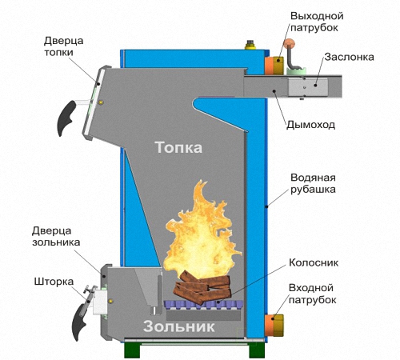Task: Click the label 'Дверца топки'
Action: (x=63, y=46)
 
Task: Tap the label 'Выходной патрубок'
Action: (x=317, y=22)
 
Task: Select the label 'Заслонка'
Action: (x=349, y=57)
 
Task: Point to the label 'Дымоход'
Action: (x=310, y=125)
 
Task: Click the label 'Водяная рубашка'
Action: (x=313, y=183)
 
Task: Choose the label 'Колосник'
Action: (x=314, y=262)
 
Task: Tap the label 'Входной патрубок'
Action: (x=312, y=294)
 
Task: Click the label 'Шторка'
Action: (x=54, y=282)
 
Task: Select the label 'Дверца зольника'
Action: (x=56, y=237)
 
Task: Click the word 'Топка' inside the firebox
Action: (x=178, y=147)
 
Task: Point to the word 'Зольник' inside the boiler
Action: (x=178, y=326)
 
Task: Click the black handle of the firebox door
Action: (x=66, y=118)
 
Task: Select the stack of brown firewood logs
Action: (x=202, y=287)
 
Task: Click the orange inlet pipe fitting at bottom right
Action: (x=274, y=326)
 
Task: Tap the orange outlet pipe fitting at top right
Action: (x=274, y=66)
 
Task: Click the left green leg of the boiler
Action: (x=132, y=350)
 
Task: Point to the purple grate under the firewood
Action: (x=203, y=305)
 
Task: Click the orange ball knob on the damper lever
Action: (x=289, y=43)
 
